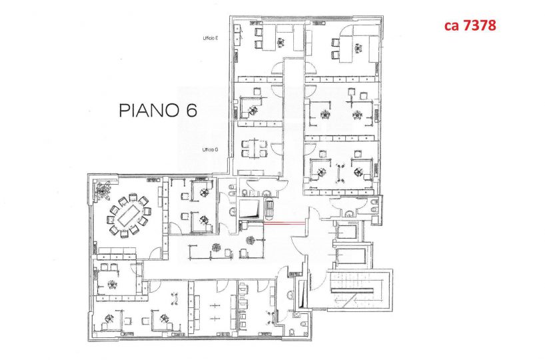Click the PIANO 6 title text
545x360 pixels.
coord(158,110)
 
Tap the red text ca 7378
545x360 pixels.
coord(470,25)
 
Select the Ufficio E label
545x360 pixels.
coord(211,38)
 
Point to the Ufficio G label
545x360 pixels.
coord(211,150)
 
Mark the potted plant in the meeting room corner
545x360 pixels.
coord(103,191)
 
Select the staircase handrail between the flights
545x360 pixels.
coord(352,291)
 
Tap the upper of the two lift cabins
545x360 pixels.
coord(347,231)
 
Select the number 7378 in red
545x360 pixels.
coord(479,25)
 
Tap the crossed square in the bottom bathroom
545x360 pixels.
coord(296,315)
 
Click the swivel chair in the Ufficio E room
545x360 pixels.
coord(280,43)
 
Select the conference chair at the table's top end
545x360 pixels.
coord(133,197)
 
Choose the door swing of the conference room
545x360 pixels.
coord(158,253)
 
